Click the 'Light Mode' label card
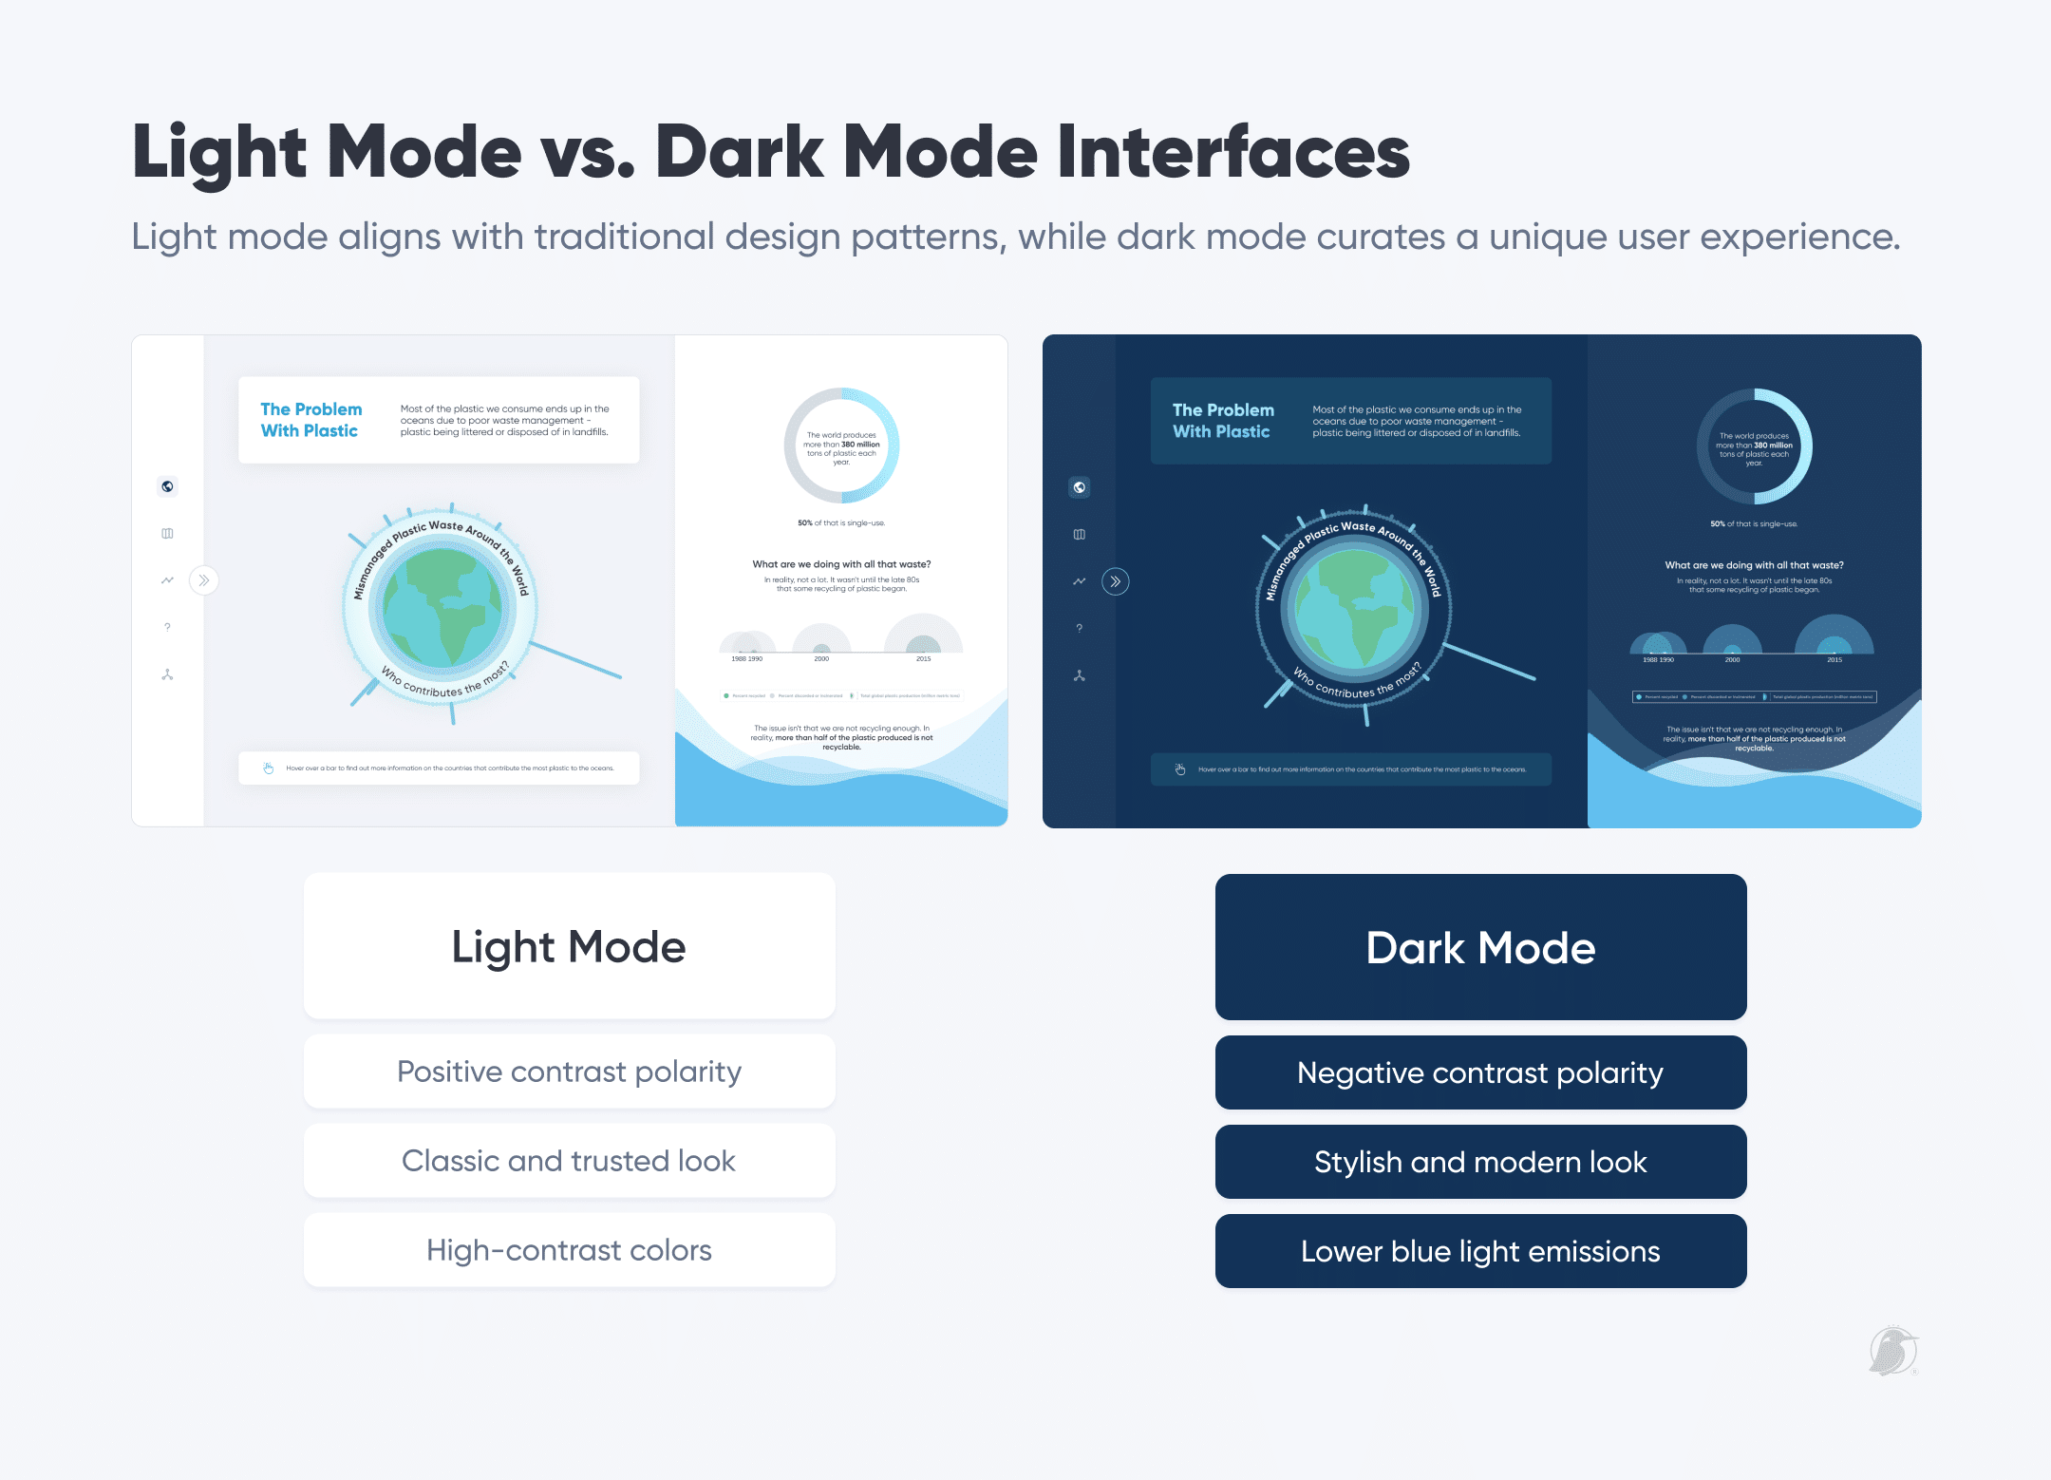tap(569, 946)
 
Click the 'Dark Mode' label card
tap(1480, 947)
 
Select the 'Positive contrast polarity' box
tap(569, 1072)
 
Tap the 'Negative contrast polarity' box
tap(1480, 1072)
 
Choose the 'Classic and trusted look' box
tap(569, 1161)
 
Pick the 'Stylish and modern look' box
tap(1480, 1162)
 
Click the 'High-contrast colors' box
tap(569, 1250)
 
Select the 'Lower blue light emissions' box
tap(1480, 1251)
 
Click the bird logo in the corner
tap(1893, 1351)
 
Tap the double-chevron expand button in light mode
tap(204, 580)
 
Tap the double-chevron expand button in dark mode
tap(1116, 581)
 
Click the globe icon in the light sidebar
tap(167, 486)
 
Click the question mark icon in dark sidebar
tap(1079, 629)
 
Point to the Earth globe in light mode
tap(442, 608)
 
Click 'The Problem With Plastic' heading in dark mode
tap(1223, 421)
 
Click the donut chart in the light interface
tap(841, 446)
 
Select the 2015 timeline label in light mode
tap(923, 658)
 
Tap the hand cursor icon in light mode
tap(269, 768)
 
